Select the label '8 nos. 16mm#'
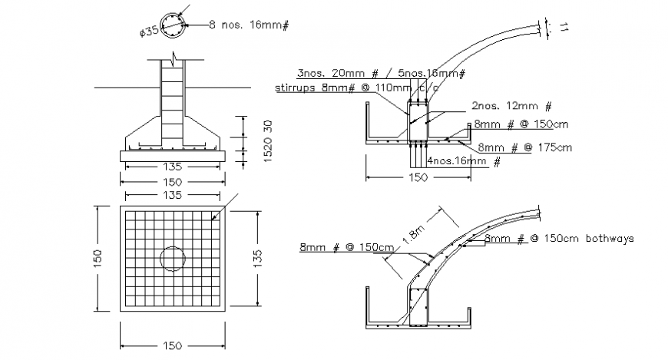click(248, 25)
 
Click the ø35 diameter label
click(149, 32)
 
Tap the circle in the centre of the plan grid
click(172, 257)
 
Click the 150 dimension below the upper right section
click(418, 177)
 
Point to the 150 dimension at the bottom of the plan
click(172, 346)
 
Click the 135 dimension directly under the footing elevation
click(172, 167)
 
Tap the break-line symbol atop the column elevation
click(176, 58)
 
